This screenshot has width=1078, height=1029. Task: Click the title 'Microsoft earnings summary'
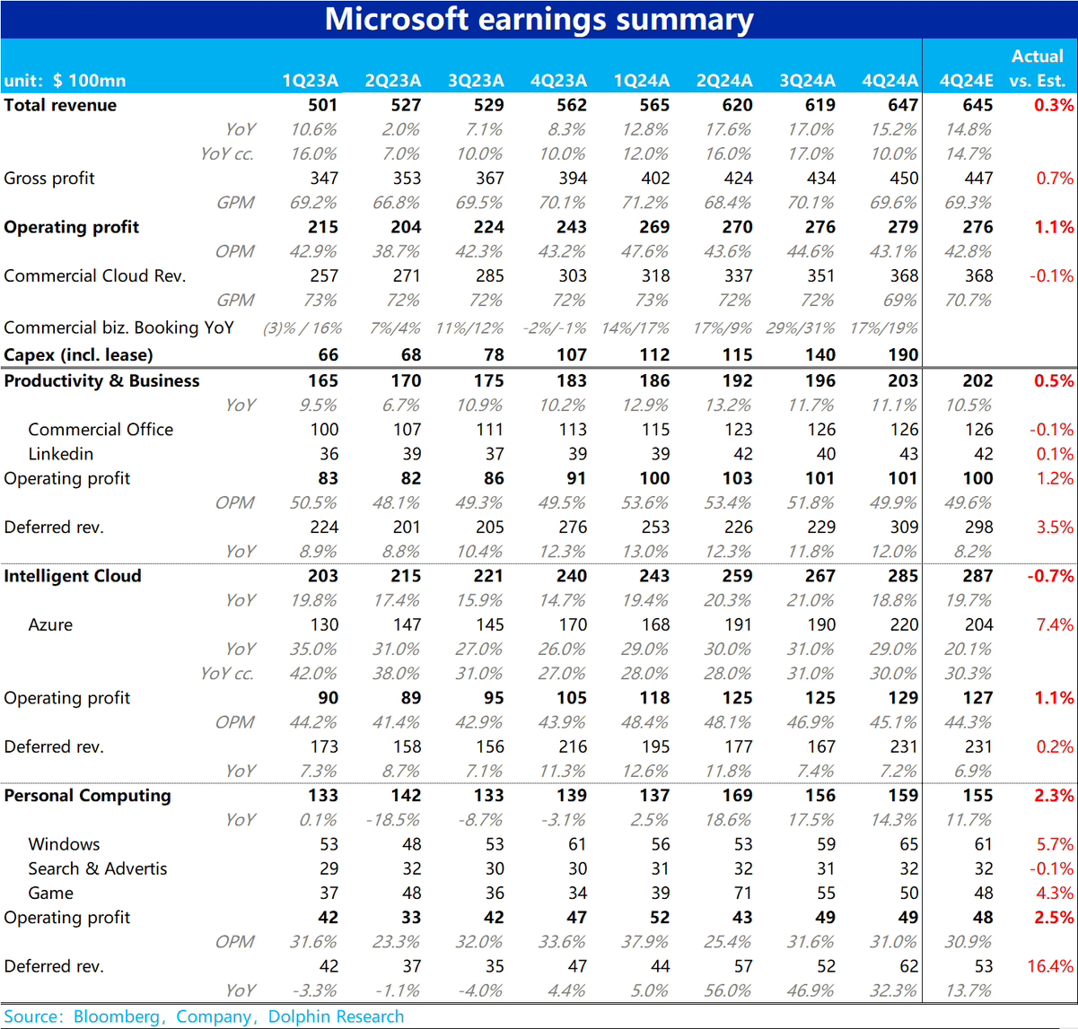click(539, 19)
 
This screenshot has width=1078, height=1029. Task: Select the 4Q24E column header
click(966, 81)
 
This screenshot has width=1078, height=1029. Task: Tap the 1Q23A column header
click(311, 81)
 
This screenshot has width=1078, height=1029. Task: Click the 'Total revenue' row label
click(60, 105)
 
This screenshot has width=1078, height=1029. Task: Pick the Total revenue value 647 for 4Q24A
click(903, 105)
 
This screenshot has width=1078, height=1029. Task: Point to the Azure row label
click(50, 624)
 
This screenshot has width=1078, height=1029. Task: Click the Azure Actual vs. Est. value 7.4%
click(1054, 624)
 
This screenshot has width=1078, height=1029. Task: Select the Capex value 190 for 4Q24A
click(903, 355)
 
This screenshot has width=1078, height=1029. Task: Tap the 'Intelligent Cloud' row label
click(73, 576)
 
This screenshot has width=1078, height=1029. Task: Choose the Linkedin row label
click(61, 454)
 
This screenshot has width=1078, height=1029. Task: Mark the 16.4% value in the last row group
click(1050, 966)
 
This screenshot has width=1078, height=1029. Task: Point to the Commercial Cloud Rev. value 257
click(324, 275)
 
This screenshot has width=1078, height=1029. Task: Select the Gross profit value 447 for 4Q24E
click(978, 179)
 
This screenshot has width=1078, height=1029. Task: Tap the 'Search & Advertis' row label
click(97, 868)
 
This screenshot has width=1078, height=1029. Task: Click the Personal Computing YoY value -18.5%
click(394, 820)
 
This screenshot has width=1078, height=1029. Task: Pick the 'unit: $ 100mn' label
click(65, 81)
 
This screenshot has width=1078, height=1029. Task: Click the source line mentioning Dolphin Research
click(205, 1016)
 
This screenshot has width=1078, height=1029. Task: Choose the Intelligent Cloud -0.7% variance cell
click(1050, 576)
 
